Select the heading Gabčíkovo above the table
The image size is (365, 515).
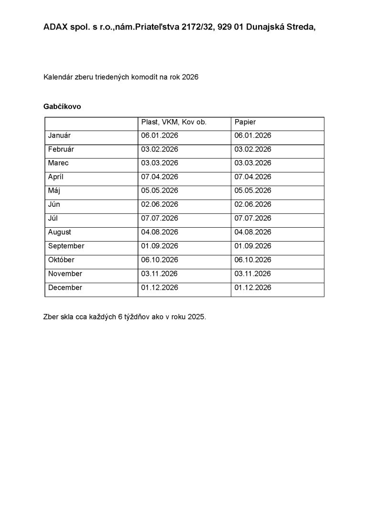coord(62,107)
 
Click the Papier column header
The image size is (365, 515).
coord(245,122)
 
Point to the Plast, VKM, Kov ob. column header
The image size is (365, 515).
coord(174,122)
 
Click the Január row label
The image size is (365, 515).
coord(59,136)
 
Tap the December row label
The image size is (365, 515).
coord(65,287)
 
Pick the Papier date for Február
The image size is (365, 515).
coord(253,150)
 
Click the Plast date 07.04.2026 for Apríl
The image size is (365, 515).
coord(159,177)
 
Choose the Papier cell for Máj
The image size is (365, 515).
coord(253,191)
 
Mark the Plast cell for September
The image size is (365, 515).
coord(159,246)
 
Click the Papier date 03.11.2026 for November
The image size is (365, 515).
coord(253,273)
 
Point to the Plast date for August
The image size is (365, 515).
coord(159,232)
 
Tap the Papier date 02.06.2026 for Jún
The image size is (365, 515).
coord(253,204)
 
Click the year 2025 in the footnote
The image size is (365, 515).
coord(196,316)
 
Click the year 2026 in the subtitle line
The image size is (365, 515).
coord(190,77)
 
